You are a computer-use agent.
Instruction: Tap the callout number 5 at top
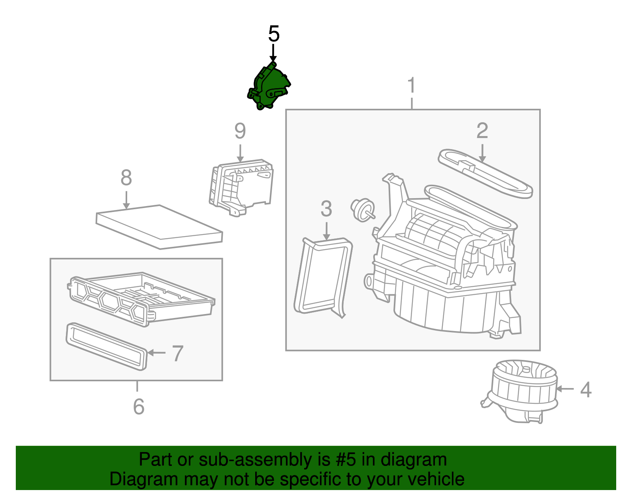274,34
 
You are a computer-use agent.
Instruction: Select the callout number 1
412,85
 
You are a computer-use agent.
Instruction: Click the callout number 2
482,131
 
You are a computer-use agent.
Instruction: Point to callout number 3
326,209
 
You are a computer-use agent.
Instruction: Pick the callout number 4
586,390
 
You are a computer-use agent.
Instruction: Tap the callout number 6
139,407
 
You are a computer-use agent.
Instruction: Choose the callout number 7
178,353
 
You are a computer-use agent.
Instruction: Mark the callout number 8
126,178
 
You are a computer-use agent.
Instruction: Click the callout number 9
240,131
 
